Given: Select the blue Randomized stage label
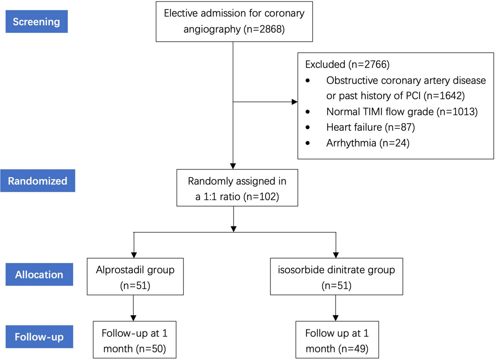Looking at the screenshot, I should click(x=38, y=181).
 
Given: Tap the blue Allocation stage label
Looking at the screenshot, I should click(x=39, y=275).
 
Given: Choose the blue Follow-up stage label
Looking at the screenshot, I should click(x=39, y=336).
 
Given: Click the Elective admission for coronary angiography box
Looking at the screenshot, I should click(x=234, y=21).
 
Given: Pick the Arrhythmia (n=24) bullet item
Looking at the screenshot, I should click(x=368, y=144).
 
